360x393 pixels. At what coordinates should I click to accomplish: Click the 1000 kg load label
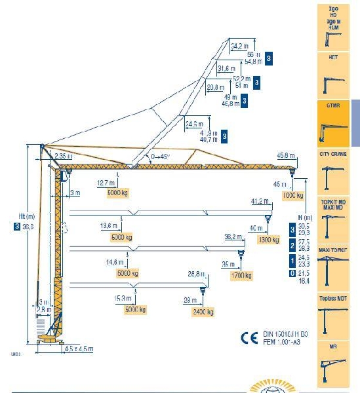coord(292,196)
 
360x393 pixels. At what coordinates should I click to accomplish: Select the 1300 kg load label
coord(269,240)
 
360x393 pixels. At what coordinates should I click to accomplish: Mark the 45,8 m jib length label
coord(286,155)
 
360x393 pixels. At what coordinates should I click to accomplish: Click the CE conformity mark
coord(249,339)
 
